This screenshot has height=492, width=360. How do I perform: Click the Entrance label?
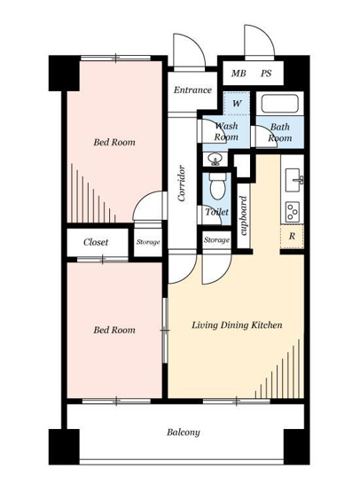pos(192,90)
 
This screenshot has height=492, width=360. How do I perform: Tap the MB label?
pos(239,74)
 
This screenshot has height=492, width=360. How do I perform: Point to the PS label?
pos(266,74)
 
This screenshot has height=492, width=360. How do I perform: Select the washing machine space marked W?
pos(237,104)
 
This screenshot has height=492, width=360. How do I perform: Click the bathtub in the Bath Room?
pos(279,104)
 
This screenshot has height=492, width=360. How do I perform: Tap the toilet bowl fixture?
pos(217,186)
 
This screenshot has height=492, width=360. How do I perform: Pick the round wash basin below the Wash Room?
pos(215,160)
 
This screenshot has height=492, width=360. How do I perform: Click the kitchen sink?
pos(293,180)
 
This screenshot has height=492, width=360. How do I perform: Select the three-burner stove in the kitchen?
pos(293,212)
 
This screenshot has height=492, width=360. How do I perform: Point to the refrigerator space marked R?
pos(292,237)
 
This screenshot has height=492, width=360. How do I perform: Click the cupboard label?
pos(244,216)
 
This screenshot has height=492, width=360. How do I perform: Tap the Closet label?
pos(96,242)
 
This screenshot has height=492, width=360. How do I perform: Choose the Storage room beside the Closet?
pos(148,242)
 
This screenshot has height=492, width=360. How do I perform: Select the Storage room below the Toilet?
pos(216,240)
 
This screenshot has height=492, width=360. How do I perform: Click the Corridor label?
pos(182,184)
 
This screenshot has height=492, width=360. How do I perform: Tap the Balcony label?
pos(184,433)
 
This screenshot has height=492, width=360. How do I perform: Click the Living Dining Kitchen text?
pos(237,324)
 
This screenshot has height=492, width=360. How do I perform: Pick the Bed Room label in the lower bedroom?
pos(114,330)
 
